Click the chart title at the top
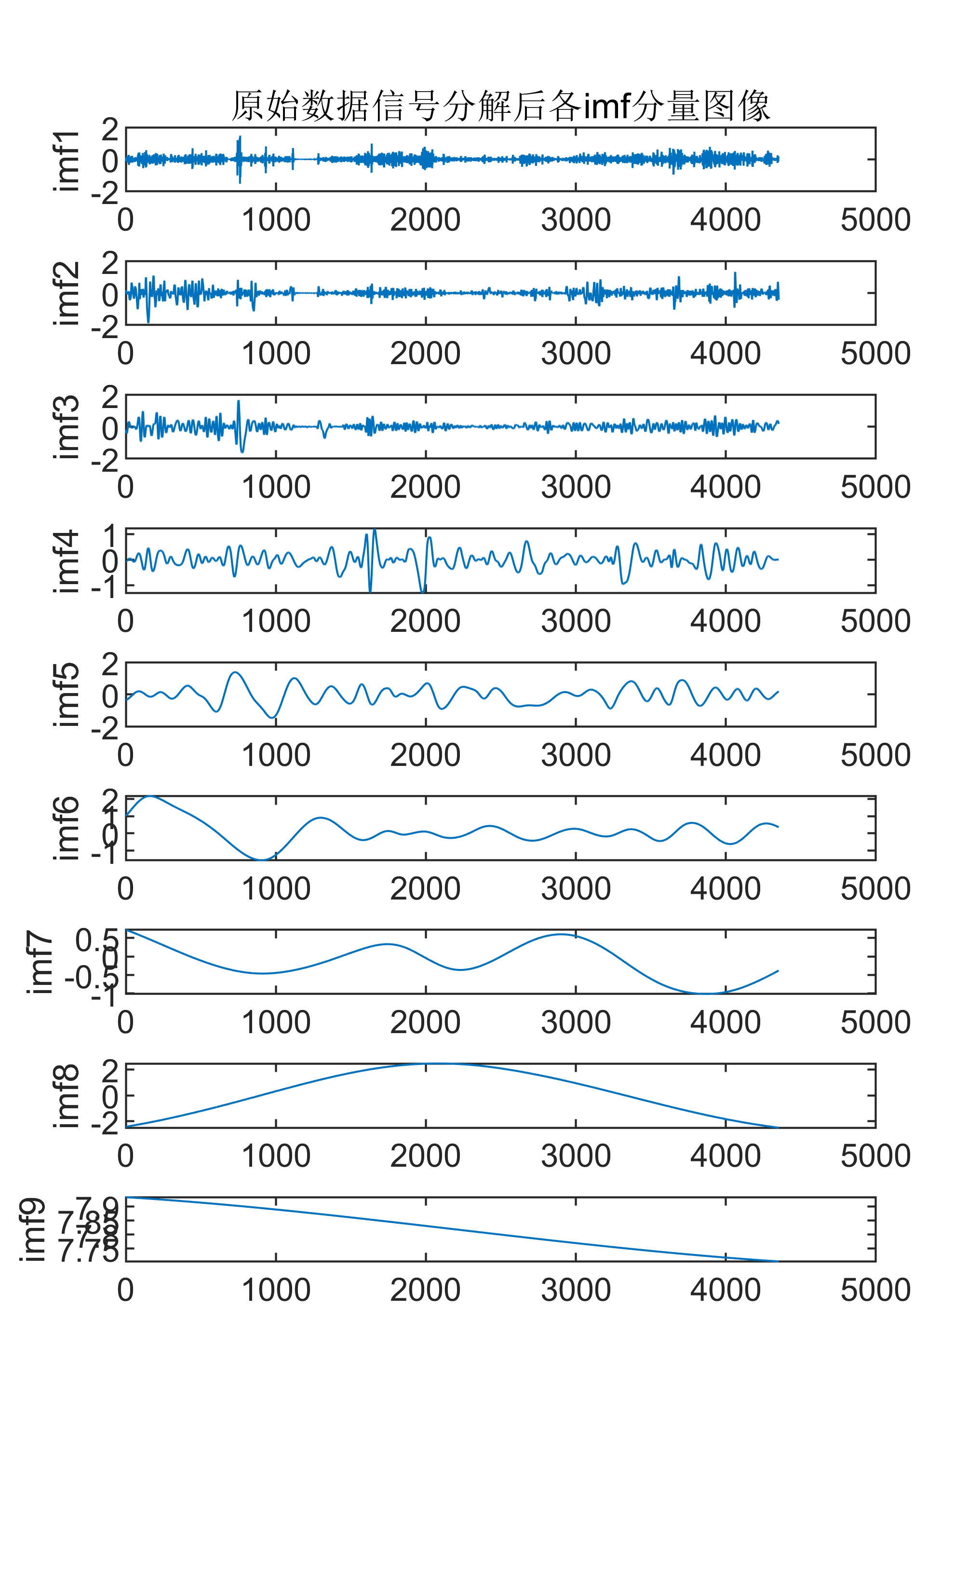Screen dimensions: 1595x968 500,106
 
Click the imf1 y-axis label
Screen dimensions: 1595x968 66,160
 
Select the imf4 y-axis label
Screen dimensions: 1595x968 66,560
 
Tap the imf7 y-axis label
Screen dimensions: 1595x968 40,962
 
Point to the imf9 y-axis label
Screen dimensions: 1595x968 32,1229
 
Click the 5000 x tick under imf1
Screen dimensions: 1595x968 875,220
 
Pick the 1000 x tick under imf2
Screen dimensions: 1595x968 276,354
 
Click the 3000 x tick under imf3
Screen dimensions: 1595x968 575,487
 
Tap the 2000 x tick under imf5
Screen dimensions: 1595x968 425,755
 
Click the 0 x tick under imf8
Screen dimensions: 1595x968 125,1156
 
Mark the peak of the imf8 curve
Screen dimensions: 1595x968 440,1063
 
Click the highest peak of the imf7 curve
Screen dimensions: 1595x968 560,934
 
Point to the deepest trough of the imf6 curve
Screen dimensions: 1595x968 261,859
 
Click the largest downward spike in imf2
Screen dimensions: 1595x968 148,322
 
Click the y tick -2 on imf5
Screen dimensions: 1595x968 105,728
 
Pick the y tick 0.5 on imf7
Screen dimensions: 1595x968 97,940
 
